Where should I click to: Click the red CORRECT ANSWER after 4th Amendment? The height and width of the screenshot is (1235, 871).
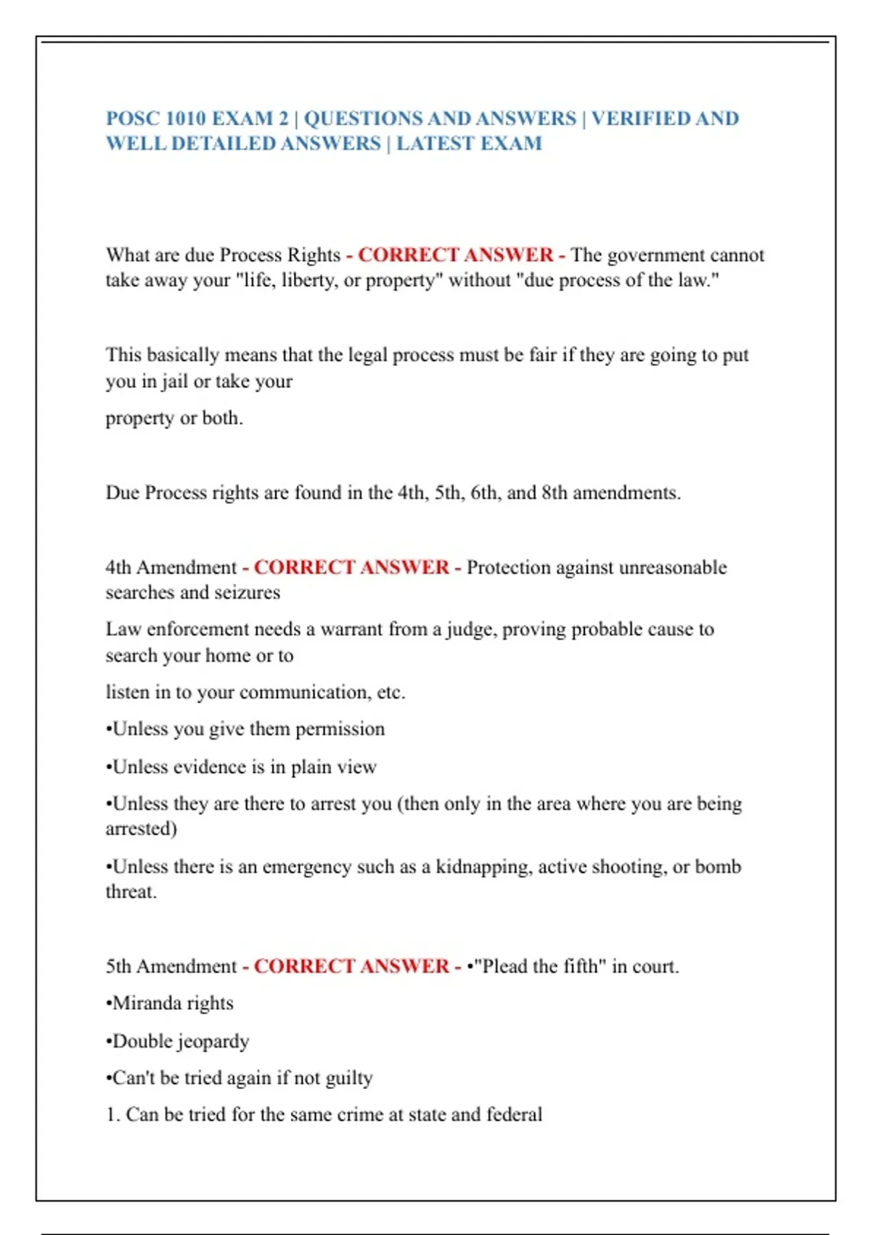pyautogui.click(x=351, y=567)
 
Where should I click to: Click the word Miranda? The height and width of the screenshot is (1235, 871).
pyautogui.click(x=149, y=1003)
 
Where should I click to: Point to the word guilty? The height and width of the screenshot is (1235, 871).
pyautogui.click(x=348, y=1078)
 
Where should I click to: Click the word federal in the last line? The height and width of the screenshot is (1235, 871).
pyautogui.click(x=514, y=1114)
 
